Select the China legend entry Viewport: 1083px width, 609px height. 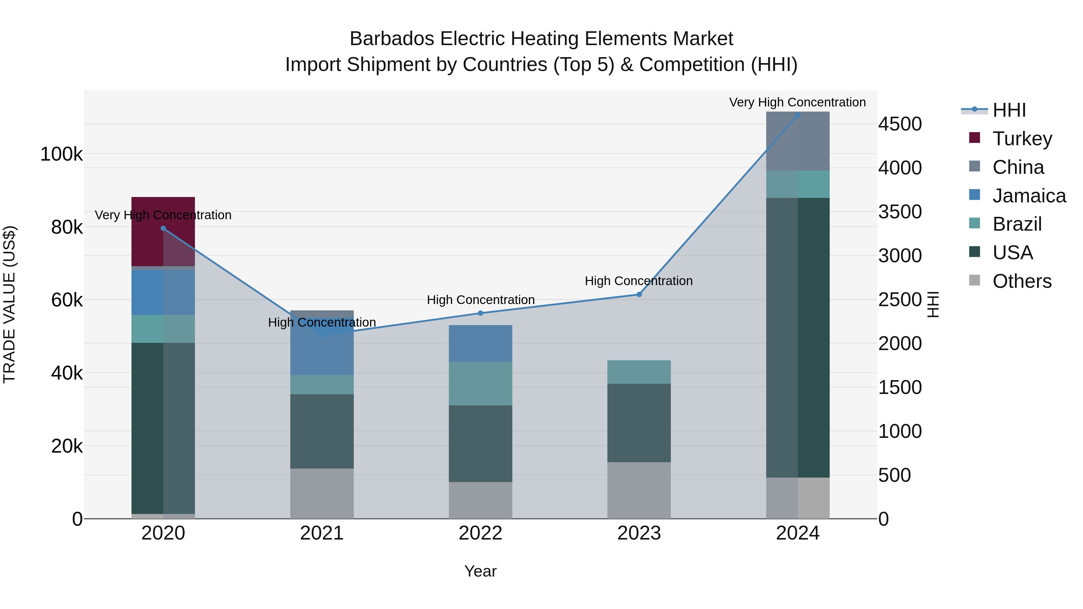(x=1017, y=167)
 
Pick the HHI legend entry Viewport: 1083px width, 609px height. (x=1009, y=110)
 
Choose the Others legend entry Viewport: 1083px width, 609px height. (x=1022, y=281)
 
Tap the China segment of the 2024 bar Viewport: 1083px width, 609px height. (x=798, y=141)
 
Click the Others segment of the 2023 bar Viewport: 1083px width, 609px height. (x=639, y=490)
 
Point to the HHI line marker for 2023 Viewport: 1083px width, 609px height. (x=639, y=295)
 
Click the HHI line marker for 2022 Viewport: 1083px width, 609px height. (x=480, y=313)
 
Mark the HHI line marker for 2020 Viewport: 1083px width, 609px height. (x=163, y=228)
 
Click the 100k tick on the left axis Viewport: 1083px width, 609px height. (x=61, y=154)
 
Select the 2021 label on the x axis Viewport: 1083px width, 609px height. (x=322, y=533)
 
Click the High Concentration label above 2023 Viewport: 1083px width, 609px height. (x=639, y=281)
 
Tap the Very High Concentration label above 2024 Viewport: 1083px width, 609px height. (x=797, y=102)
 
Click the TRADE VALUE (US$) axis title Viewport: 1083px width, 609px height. (x=9, y=304)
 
